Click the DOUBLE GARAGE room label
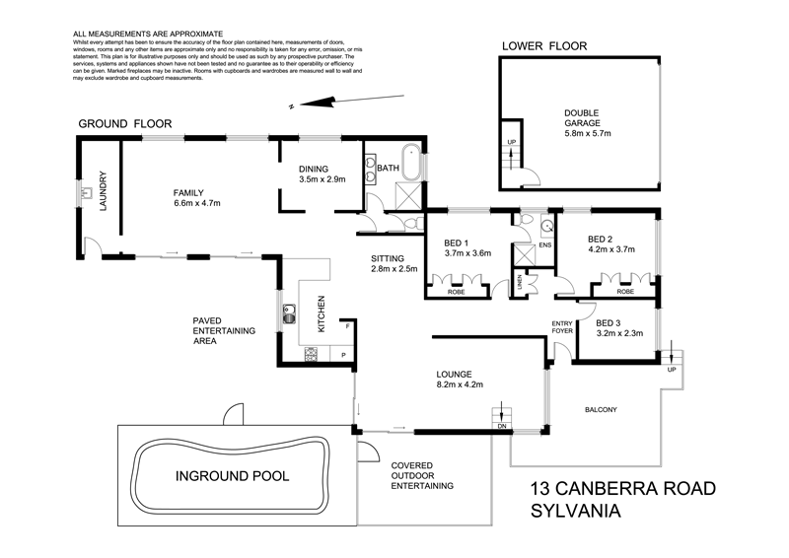pos(583,115)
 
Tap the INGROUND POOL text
pos(232,476)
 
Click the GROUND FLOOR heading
pos(125,124)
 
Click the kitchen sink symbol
pos(291,315)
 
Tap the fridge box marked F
pos(346,326)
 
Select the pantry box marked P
pos(343,354)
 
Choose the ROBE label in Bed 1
pos(456,291)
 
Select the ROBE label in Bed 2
pos(625,291)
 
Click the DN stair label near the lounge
pos(502,428)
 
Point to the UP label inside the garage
pos(510,143)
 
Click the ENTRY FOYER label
pos(562,328)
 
